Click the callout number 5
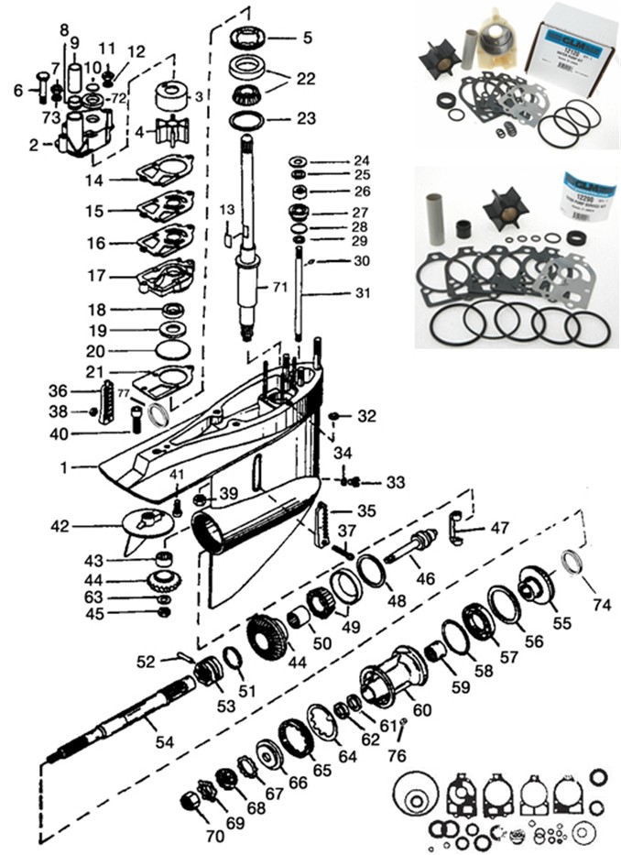coord(308,38)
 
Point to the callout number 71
coord(281,288)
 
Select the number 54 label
coord(164,742)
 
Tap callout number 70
coord(215,835)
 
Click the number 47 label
coord(499,529)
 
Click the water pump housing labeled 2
coord(82,135)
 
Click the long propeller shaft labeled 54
coord(128,724)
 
